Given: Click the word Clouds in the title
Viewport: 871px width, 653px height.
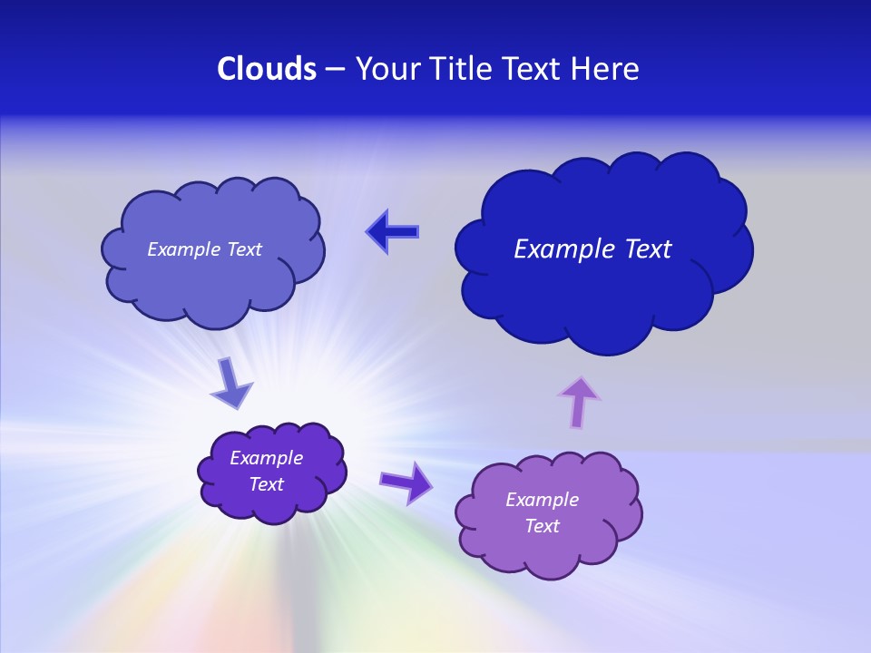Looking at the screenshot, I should (267, 69).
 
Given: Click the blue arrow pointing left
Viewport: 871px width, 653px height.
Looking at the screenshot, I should (392, 231).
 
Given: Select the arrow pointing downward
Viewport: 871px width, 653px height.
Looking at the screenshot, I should (230, 383).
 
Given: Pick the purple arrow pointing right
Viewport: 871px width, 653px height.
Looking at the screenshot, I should (406, 482).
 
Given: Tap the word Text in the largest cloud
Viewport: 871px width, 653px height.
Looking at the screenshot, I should (642, 249).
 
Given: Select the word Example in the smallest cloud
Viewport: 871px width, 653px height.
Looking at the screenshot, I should (266, 458).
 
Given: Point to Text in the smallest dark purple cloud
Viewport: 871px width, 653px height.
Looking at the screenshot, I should (266, 484).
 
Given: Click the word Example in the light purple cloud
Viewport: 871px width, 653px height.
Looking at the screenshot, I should (542, 500).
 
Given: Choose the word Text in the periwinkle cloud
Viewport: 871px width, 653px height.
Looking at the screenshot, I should (243, 249).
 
